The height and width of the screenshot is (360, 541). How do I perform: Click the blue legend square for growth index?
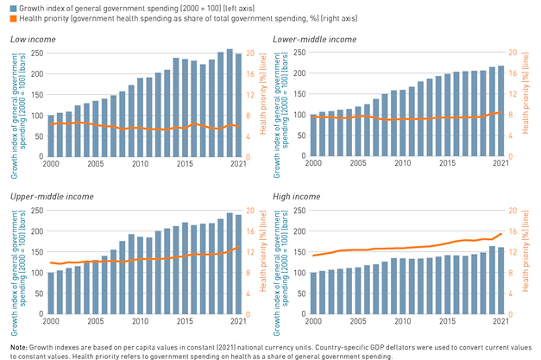click(x=7, y=8)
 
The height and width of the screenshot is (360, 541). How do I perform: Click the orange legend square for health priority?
click(x=7, y=18)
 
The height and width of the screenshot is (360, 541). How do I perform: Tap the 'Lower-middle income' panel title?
click(x=313, y=40)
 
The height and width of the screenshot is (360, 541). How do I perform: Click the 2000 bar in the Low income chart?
click(x=51, y=136)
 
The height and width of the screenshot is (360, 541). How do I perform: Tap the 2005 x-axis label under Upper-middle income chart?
click(x=95, y=322)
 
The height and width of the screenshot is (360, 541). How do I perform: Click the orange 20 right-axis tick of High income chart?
click(x=512, y=212)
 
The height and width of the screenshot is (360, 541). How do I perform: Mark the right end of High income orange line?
click(x=501, y=233)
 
